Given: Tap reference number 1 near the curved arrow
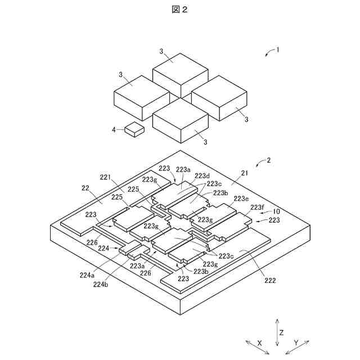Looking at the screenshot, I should (277, 49).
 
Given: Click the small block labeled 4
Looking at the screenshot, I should (134, 130).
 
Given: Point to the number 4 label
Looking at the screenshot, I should (114, 130).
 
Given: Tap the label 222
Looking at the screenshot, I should (269, 280).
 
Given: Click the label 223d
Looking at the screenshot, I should (202, 175).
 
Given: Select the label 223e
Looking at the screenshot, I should (241, 199).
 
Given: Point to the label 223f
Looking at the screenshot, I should (256, 208).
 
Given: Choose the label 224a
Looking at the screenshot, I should (87, 275).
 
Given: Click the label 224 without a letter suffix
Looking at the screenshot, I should (103, 247).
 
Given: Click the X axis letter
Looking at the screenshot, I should (259, 342).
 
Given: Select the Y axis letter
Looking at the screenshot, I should (296, 342).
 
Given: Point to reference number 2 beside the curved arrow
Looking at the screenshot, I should (269, 160).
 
